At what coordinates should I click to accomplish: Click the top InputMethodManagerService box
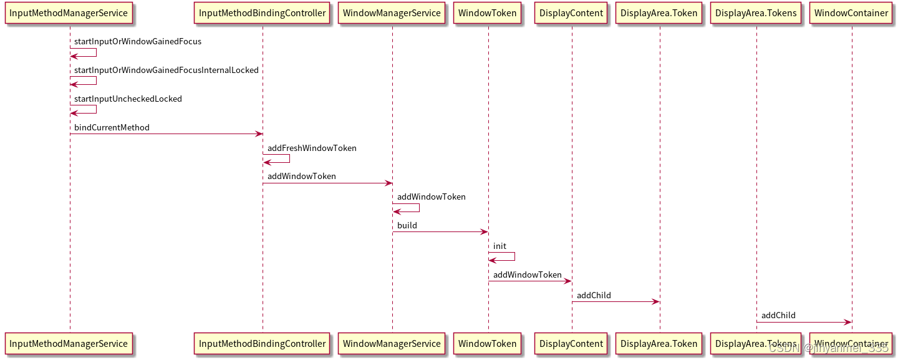(x=69, y=13)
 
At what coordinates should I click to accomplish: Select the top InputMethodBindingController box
(x=262, y=13)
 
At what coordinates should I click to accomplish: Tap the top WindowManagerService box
(x=392, y=13)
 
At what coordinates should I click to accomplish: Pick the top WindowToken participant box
(x=488, y=13)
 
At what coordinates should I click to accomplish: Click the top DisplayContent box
(x=571, y=13)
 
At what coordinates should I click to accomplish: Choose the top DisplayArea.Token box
(x=659, y=13)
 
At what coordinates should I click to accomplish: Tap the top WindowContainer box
(x=851, y=13)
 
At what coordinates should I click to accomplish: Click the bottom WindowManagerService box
(x=392, y=344)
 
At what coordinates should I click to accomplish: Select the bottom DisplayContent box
(x=571, y=344)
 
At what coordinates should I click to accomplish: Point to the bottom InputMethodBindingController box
(x=262, y=344)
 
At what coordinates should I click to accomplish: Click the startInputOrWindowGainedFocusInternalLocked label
(x=166, y=71)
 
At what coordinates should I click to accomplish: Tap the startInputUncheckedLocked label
(x=128, y=99)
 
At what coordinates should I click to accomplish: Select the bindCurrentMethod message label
(x=112, y=127)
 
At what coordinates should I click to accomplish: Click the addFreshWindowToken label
(x=312, y=148)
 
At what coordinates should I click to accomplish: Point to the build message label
(x=407, y=225)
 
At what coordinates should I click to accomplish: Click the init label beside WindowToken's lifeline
(x=500, y=246)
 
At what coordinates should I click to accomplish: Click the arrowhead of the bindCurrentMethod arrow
(x=259, y=134)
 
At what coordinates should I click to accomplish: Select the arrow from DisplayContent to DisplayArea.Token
(x=616, y=302)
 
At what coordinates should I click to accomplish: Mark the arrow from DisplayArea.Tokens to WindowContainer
(x=804, y=322)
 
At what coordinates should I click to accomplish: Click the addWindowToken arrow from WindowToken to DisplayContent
(x=529, y=281)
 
